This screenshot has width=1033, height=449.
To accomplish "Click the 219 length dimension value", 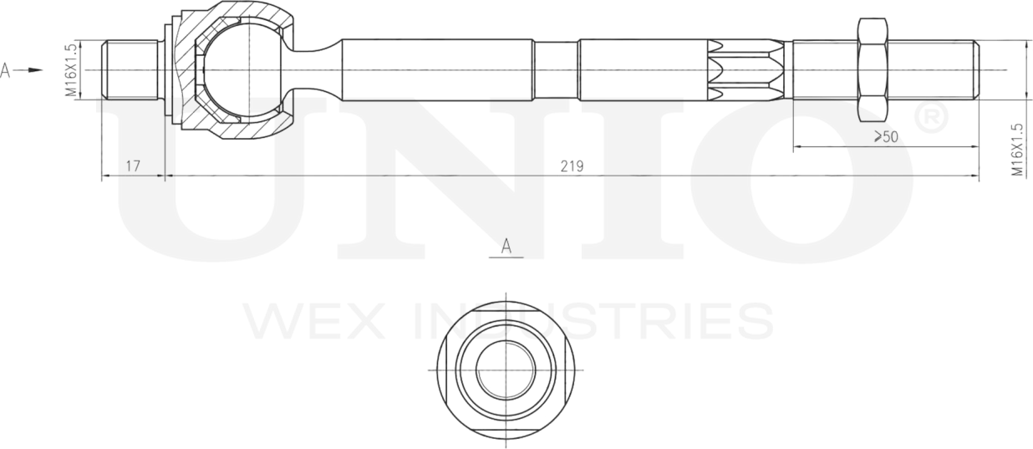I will click(572, 166).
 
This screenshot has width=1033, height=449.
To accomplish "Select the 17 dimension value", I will click(133, 166).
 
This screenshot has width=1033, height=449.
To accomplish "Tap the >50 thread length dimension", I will click(885, 137).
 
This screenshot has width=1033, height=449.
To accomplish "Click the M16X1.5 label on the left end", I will click(72, 69).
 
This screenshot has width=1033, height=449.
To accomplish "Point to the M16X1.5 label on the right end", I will click(1017, 150).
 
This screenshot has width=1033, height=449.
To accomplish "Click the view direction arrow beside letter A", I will click(31, 70).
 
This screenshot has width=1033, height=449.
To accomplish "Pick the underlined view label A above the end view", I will click(506, 247).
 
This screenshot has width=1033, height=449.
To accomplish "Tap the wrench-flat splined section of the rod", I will click(744, 69).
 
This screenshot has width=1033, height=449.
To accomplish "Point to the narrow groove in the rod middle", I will click(555, 69).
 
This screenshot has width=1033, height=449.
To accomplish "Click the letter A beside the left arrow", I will click(6, 70).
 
